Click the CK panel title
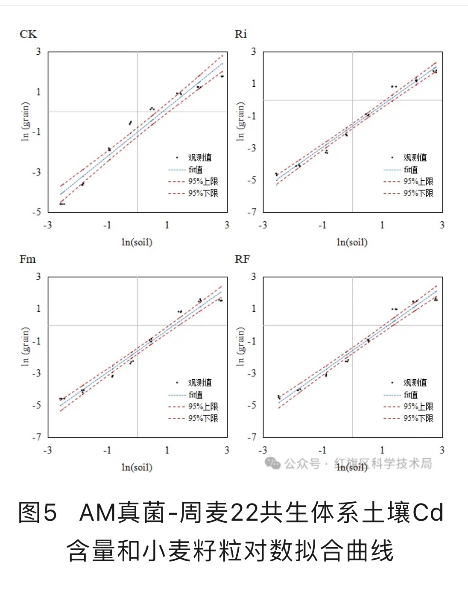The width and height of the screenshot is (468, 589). click(x=28, y=34)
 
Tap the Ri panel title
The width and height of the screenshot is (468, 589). click(x=241, y=34)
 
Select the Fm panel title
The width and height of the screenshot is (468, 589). click(x=28, y=259)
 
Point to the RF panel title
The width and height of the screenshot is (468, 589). click(x=242, y=259)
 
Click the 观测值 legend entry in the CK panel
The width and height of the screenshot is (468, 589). click(x=199, y=158)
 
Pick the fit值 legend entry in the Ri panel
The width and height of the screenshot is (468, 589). click(x=410, y=170)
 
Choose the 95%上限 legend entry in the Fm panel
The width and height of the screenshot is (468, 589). click(x=203, y=407)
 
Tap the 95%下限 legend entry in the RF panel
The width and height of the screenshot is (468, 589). click(x=418, y=418)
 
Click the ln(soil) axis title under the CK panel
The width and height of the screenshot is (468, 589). click(x=137, y=242)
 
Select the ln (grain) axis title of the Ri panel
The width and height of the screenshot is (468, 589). click(x=240, y=121)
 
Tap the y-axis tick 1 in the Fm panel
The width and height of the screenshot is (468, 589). click(x=39, y=308)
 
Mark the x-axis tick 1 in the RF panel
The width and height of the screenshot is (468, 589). click(x=382, y=450)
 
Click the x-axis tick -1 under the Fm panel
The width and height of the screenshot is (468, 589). click(x=107, y=450)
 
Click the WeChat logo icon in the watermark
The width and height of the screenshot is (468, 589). click(x=272, y=463)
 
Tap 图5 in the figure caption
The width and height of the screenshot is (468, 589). click(x=38, y=513)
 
